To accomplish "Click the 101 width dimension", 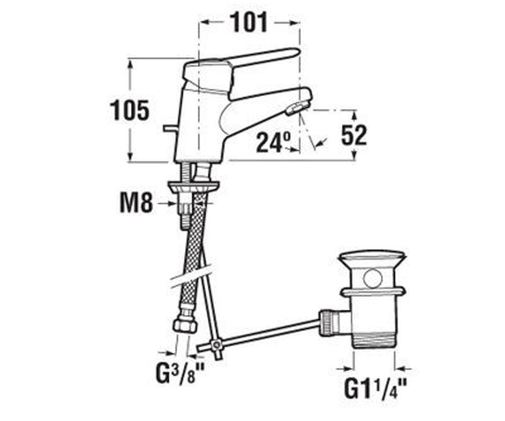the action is [x=248, y=22].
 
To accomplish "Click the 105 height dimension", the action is [x=129, y=110].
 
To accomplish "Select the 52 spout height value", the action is [x=354, y=135].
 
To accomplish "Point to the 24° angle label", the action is [x=273, y=143].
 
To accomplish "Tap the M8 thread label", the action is [x=136, y=204].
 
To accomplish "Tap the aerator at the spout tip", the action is [x=298, y=108].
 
